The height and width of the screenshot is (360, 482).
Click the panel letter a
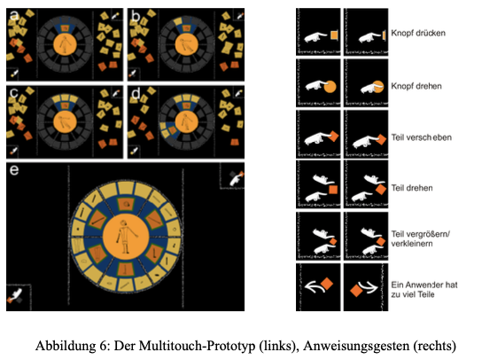coord(14,16)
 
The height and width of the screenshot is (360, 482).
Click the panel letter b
coord(136,15)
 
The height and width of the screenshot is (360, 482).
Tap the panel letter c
coord(13,93)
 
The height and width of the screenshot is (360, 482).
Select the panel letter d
coord(136,93)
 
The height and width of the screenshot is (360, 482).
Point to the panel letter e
coord(14,170)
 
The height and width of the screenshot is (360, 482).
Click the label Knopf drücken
coord(418,33)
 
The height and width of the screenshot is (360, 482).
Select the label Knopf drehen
coord(416,86)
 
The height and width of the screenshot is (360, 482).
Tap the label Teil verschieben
coord(421,137)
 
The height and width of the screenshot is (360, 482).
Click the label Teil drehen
coord(412,188)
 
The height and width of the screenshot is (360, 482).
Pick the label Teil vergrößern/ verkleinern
coord(421,239)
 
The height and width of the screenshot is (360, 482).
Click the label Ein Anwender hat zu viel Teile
coord(424,289)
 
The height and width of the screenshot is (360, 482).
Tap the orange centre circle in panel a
coord(65,44)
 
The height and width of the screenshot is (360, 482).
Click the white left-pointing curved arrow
coord(315,286)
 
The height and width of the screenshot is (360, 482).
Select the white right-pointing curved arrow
coord(368,286)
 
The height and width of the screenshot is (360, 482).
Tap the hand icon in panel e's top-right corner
coord(237,179)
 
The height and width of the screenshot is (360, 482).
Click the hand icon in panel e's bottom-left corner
coord(15,295)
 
